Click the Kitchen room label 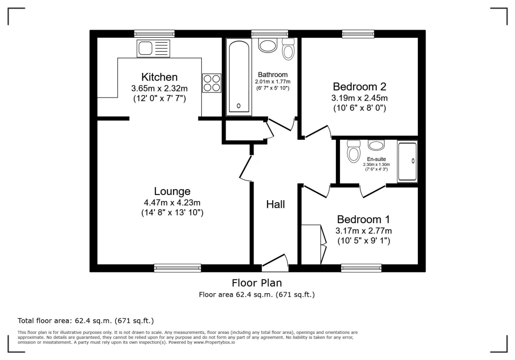click(x=159, y=77)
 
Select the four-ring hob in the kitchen click(x=212, y=83)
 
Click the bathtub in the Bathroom click(x=238, y=77)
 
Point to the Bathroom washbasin click(x=268, y=46)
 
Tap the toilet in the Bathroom click(x=289, y=49)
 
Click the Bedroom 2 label click(x=359, y=86)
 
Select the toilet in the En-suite click(x=354, y=150)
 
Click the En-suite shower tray click(x=407, y=161)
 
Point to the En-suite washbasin click(x=376, y=146)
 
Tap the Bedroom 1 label click(x=363, y=220)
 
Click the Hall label click(x=276, y=204)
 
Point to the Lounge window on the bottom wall click(x=178, y=268)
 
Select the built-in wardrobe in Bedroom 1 click(x=311, y=244)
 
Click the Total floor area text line click(x=85, y=320)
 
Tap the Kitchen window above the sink click(x=154, y=34)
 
